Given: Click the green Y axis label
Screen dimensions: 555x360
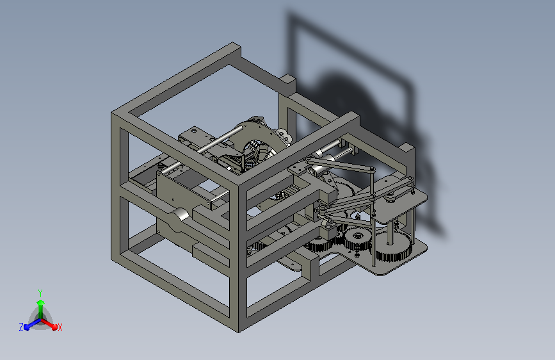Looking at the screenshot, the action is [40, 293].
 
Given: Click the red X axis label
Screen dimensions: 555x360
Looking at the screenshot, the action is [60, 327].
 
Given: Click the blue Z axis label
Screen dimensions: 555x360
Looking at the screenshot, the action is [21, 327].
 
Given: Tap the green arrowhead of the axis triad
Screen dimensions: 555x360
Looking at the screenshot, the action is [40, 302].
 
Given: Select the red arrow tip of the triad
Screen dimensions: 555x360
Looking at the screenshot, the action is [54, 326].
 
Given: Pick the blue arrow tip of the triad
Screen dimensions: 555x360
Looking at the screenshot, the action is [26, 327].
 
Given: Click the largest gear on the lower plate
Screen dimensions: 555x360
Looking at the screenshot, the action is [394, 246].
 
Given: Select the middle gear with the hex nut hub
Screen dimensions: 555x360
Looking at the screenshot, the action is [357, 238].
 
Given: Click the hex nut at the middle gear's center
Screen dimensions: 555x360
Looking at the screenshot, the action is [357, 235].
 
